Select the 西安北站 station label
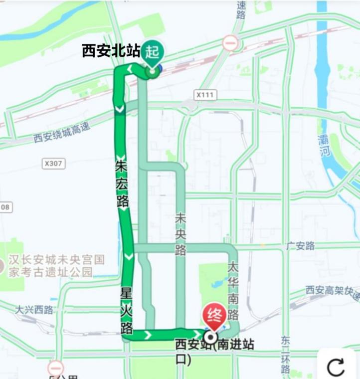click(x=111, y=50)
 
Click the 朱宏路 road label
click(x=122, y=183)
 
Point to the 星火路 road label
click(x=127, y=310)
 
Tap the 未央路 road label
click(x=180, y=234)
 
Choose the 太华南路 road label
click(x=233, y=291)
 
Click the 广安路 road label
click(x=301, y=246)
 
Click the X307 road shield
click(x=53, y=163)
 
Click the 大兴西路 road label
click(x=34, y=310)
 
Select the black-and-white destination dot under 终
click(x=210, y=338)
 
